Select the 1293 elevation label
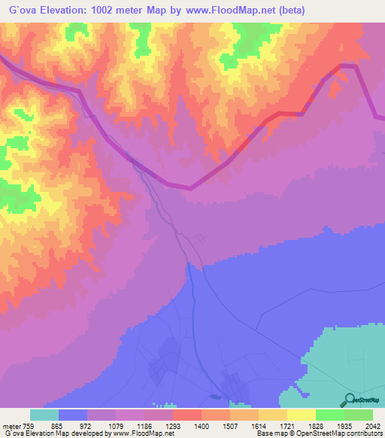(x=173, y=426)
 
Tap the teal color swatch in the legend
(x=44, y=415)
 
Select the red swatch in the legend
(x=187, y=415)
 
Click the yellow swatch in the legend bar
(x=302, y=415)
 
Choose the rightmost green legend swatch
(x=359, y=415)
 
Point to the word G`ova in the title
(x=23, y=11)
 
